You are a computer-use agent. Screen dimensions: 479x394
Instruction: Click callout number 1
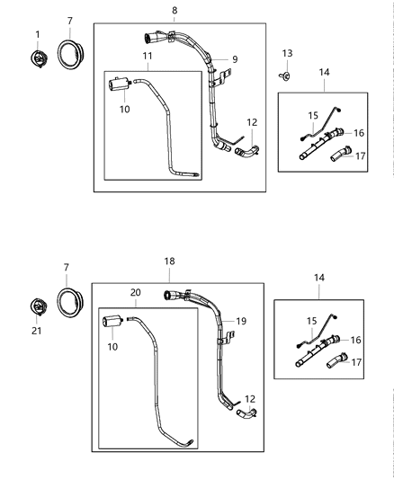(x=38, y=35)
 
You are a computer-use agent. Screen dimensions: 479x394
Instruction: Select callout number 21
(x=38, y=332)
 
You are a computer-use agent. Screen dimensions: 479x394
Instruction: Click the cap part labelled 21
(x=39, y=306)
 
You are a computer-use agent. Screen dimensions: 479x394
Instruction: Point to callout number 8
(x=175, y=11)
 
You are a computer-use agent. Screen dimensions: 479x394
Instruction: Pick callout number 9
(x=234, y=59)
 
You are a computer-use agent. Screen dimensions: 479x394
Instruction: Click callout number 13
(x=288, y=54)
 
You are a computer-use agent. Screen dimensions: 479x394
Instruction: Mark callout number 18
(x=168, y=261)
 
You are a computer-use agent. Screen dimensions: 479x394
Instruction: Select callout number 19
(x=239, y=321)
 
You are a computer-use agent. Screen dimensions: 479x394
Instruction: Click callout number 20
(x=136, y=292)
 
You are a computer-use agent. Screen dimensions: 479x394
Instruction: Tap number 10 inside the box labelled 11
(x=124, y=110)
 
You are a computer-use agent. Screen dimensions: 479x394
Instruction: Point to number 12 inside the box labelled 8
(x=252, y=122)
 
